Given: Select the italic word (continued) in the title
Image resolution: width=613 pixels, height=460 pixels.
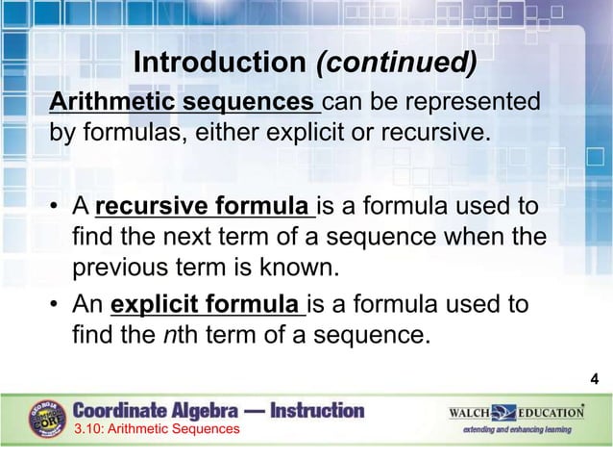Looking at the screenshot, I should [x=396, y=63].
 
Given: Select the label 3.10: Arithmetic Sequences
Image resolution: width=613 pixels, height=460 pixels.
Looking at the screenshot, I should [x=158, y=429].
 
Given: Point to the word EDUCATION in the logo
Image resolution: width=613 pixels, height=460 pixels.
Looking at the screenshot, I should [x=551, y=412].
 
